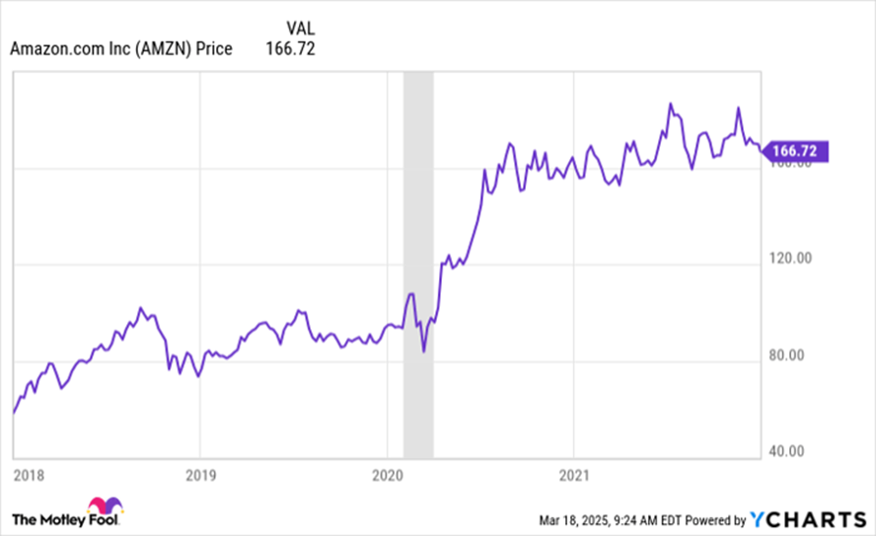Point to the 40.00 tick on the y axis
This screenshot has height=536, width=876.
click(790, 451)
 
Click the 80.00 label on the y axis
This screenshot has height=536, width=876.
click(790, 355)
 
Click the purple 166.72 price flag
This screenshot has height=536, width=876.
click(796, 151)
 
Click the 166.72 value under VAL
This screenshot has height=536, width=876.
click(290, 48)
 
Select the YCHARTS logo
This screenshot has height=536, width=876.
click(809, 519)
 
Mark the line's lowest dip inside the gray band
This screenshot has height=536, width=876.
click(423, 350)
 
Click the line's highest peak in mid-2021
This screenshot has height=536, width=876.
click(670, 104)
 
